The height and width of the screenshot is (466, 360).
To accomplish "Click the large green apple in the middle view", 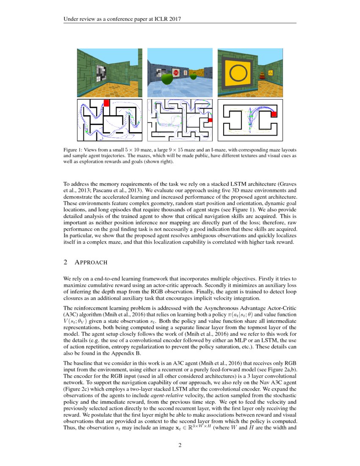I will coord(168,78).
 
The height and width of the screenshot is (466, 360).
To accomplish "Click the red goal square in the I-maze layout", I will coord(274,114).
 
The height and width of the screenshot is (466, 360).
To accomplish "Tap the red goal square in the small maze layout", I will coord(106,103).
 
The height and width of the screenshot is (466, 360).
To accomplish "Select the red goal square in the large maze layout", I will coord(210,120).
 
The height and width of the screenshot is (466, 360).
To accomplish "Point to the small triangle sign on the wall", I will coord(271,73).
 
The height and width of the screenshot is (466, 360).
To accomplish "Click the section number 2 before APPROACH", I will coord(65,262).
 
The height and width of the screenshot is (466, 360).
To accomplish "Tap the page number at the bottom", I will coord(180,445).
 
